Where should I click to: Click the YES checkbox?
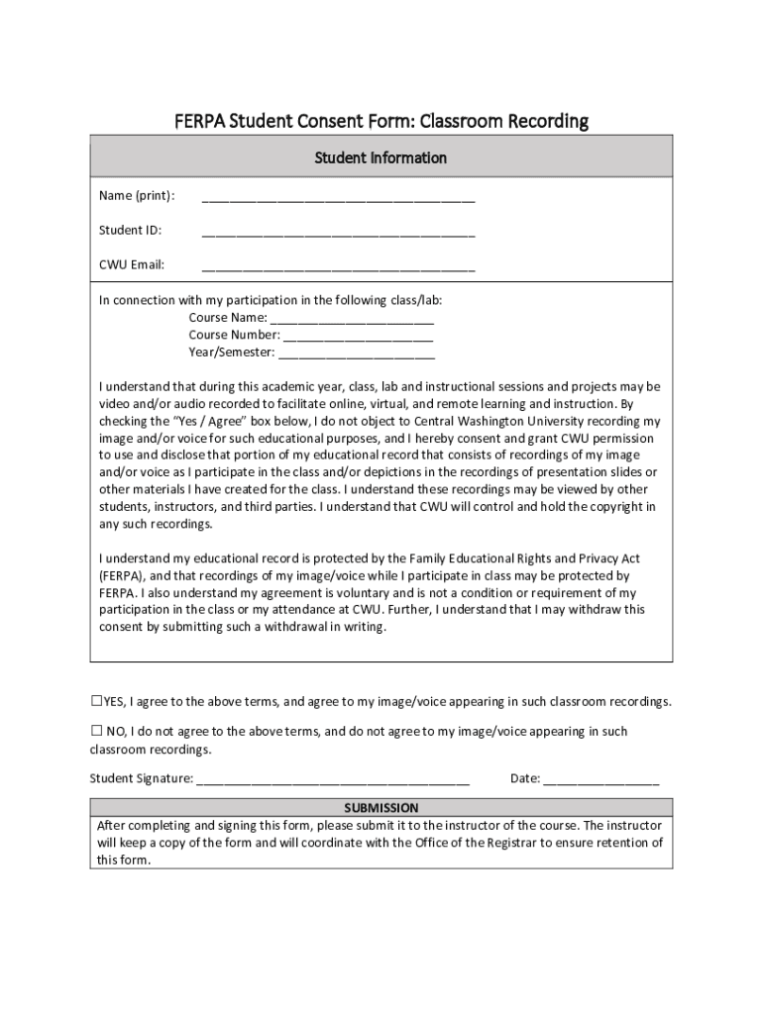96,701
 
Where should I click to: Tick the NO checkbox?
96,731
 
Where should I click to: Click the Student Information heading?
381,157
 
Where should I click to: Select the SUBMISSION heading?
381,808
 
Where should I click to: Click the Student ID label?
130,231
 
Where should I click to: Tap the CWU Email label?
131,265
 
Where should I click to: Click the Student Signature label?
142,778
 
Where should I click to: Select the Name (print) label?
137,196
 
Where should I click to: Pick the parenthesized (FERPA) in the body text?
121,575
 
